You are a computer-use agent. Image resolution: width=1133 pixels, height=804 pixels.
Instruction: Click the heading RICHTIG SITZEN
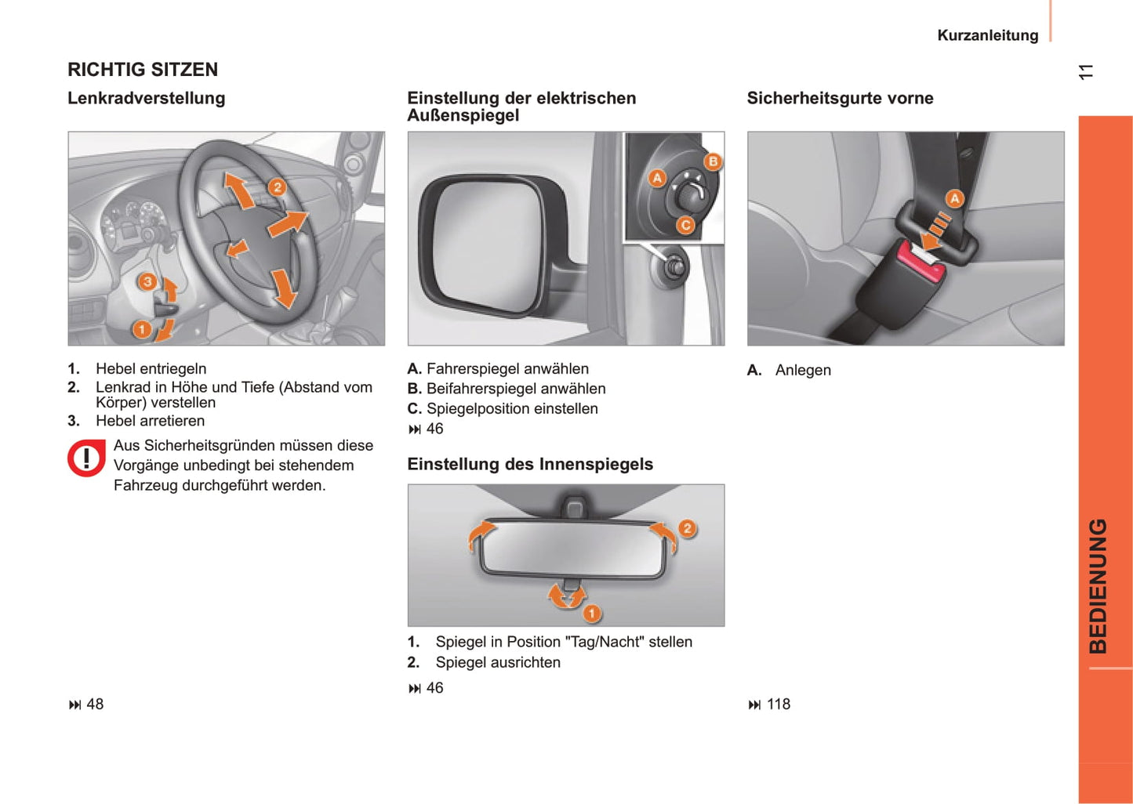tap(143, 70)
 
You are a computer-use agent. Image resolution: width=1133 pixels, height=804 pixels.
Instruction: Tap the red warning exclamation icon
tap(86, 458)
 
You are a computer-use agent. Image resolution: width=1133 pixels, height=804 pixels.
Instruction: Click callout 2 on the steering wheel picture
tap(277, 187)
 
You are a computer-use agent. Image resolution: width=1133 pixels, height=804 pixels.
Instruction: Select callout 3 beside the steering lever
tap(147, 282)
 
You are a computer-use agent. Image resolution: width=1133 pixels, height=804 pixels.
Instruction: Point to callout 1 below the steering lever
tap(142, 329)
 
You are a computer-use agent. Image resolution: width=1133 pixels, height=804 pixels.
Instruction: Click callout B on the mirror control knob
tap(713, 162)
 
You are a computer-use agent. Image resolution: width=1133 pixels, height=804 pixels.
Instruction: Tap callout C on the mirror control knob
tap(685, 226)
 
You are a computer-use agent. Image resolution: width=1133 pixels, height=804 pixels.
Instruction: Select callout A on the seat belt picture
tap(954, 199)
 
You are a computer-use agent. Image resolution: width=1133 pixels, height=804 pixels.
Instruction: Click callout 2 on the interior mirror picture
tap(687, 528)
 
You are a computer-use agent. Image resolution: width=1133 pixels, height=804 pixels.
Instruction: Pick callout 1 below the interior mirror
tap(592, 613)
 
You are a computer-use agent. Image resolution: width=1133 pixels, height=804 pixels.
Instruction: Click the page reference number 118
tap(778, 704)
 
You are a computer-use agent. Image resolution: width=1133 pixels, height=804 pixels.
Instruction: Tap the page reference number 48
tap(95, 704)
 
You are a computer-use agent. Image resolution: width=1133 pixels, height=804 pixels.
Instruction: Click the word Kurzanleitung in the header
tap(987, 35)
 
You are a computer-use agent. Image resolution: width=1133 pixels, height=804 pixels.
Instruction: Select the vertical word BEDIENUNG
tap(1099, 585)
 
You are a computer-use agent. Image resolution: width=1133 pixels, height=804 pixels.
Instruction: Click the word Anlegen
tap(803, 371)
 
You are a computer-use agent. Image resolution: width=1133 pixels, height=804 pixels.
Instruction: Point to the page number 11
tap(1085, 72)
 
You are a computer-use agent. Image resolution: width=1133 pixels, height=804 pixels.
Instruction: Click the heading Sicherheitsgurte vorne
tap(840, 99)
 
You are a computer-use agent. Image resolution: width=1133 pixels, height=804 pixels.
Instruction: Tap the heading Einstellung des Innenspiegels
tap(530, 465)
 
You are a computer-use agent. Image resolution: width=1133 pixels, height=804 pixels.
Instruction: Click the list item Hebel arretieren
tap(150, 421)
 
